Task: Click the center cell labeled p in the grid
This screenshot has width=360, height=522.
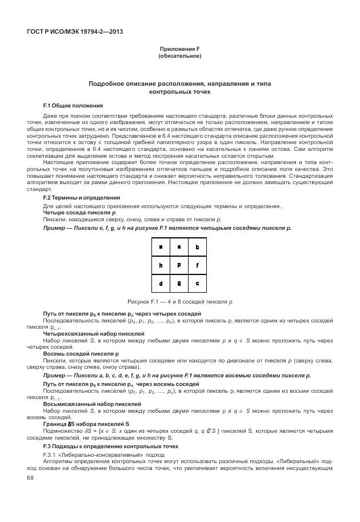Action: tap(179, 265)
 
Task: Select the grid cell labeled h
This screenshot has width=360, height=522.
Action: tap(161, 265)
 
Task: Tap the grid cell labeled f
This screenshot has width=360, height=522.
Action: tap(197, 265)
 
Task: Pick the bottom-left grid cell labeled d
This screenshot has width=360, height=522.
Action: tap(161, 282)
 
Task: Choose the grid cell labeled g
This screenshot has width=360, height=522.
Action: tap(179, 282)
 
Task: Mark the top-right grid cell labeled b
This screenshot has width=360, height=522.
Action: tap(197, 247)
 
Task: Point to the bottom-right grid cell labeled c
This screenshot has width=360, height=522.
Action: tap(197, 282)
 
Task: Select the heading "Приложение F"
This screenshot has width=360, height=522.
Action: tap(179, 50)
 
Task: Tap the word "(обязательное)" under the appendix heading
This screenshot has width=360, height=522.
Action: tap(179, 57)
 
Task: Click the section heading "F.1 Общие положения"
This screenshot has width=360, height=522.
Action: tap(73, 106)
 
